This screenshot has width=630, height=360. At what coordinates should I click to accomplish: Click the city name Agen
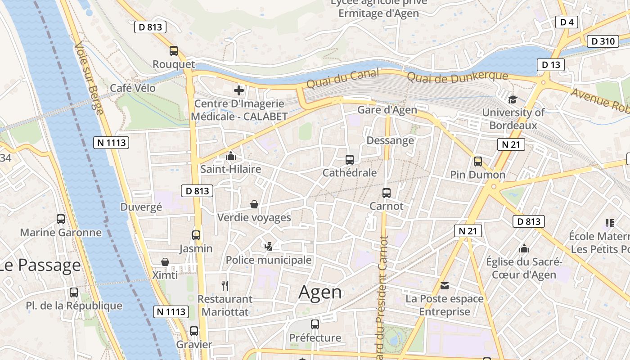320,292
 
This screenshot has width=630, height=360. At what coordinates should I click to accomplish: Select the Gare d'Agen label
387,110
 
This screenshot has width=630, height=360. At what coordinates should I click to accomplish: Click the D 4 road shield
567,22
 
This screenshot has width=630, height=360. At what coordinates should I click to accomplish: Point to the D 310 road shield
603,41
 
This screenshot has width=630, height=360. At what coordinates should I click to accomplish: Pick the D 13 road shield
551,65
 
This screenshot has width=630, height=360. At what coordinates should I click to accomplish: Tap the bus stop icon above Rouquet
174,51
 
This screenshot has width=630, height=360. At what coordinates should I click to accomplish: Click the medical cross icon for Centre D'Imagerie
239,90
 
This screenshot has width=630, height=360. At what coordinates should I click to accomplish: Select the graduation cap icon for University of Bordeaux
513,99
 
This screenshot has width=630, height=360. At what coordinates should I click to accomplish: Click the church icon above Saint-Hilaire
231,156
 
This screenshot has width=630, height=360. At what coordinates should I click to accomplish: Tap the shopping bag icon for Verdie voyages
254,204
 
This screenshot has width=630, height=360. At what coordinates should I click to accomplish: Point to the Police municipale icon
269,246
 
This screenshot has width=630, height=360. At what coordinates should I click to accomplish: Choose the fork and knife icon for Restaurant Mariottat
225,285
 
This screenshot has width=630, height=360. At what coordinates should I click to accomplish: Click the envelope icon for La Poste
445,286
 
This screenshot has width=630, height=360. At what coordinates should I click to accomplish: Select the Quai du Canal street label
343,79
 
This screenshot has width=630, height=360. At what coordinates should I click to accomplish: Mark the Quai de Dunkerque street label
457,76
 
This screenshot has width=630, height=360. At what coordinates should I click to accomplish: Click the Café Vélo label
133,88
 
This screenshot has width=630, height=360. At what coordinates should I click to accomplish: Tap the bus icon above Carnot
386,193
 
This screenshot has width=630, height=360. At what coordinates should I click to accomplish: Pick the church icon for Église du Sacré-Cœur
524,248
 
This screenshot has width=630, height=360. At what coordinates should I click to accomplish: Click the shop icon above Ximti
165,262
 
